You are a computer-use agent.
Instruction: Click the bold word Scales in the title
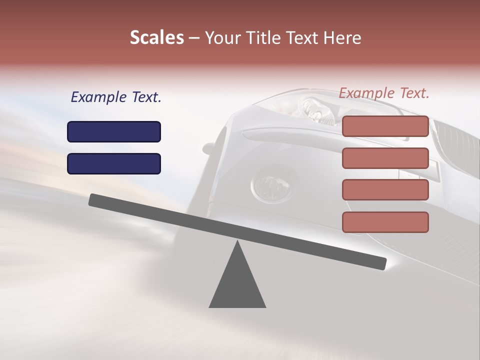click(156, 38)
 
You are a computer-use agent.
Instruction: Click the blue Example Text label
click(116, 97)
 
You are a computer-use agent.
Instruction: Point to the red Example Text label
click(384, 93)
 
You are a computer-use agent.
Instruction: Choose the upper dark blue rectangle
click(114, 131)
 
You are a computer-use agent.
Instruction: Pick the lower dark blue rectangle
click(114, 163)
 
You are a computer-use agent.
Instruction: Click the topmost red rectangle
click(385, 126)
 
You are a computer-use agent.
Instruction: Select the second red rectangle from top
click(385, 158)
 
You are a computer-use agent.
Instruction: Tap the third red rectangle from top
click(385, 190)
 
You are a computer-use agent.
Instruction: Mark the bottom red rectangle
click(385, 222)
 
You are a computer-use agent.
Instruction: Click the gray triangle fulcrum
click(237, 285)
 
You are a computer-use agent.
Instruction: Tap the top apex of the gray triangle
click(237, 242)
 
